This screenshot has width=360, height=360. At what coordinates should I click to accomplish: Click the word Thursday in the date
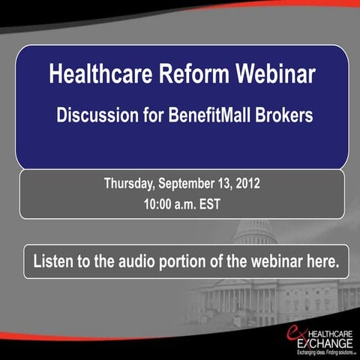pos(130,183)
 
